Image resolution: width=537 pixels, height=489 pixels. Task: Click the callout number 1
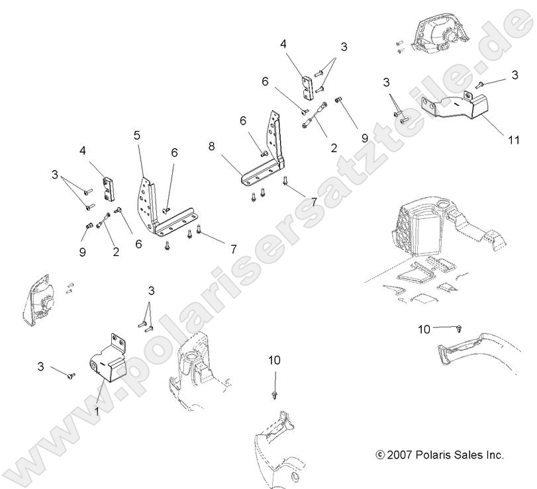[97, 410]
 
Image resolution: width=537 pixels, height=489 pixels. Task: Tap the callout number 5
[137, 136]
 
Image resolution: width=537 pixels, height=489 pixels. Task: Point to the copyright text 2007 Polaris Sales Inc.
[439, 455]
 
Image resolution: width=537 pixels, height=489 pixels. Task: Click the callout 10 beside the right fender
[424, 328]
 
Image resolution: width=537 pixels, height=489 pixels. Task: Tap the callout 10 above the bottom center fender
[274, 360]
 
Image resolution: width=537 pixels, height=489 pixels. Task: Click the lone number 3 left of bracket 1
[40, 366]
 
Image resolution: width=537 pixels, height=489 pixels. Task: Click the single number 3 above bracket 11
[514, 76]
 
